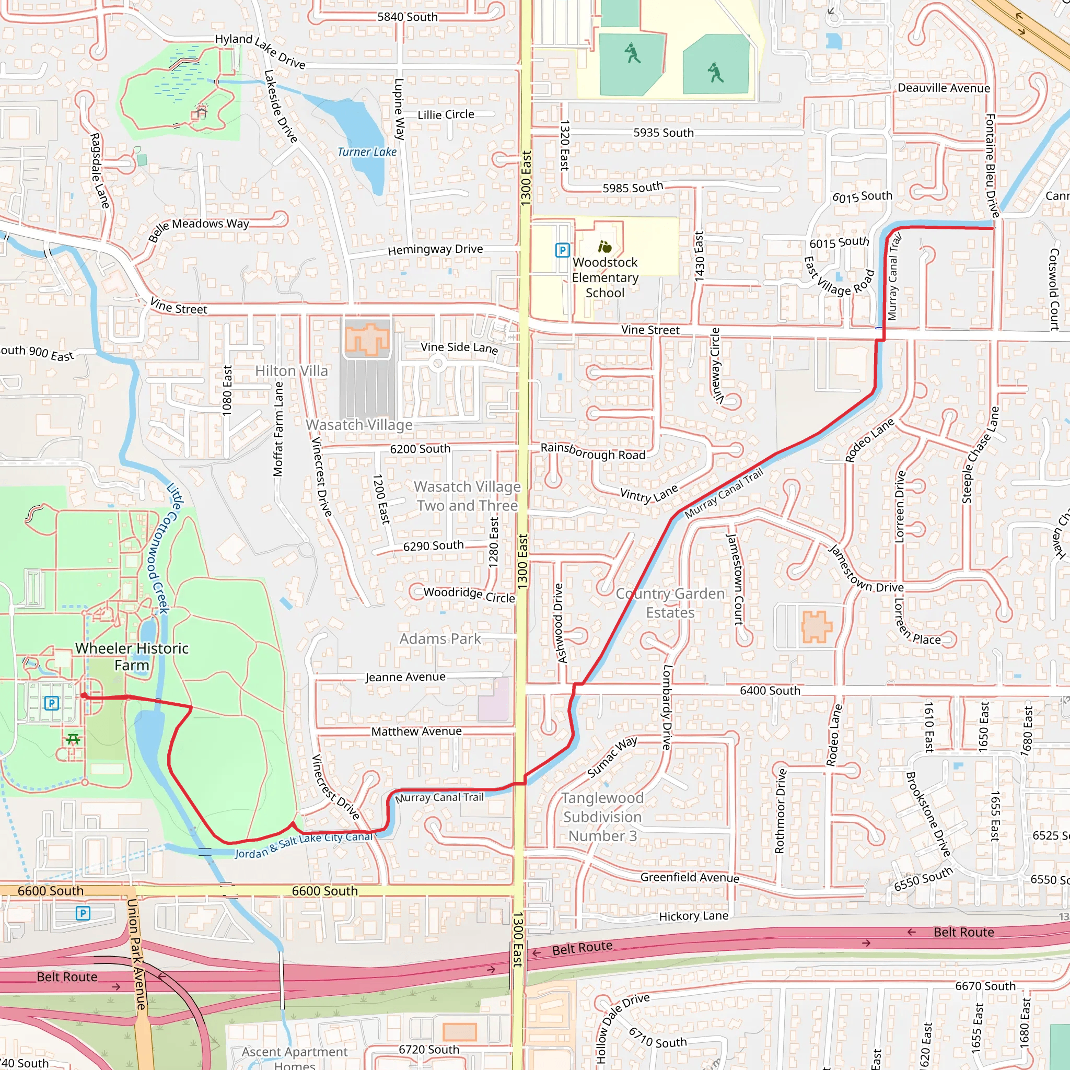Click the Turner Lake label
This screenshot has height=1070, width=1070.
coord(367,152)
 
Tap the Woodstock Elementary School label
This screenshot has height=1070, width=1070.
coord(605,277)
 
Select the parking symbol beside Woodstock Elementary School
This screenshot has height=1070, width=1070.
coord(562,250)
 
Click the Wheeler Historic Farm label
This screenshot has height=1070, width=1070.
coord(132,656)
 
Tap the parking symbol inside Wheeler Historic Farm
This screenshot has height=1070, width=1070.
coord(52,703)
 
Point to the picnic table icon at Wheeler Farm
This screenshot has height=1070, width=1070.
coord(73,739)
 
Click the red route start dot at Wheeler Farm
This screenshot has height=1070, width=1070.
coord(84,695)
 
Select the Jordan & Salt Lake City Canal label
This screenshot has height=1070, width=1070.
coord(304,845)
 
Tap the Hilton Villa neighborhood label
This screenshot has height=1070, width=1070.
coord(292,370)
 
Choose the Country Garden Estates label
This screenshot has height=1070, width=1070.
coord(670,602)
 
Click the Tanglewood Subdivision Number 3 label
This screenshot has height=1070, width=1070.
coord(602,817)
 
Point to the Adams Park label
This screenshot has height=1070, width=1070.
coord(440,638)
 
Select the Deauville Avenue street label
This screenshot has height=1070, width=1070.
coord(944,88)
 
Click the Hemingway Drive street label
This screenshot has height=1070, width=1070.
coord(435,249)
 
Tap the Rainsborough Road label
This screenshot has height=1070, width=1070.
coord(592,451)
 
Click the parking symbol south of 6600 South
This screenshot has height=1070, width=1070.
coord(83,913)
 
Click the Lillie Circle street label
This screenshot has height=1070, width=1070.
coord(446,114)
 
